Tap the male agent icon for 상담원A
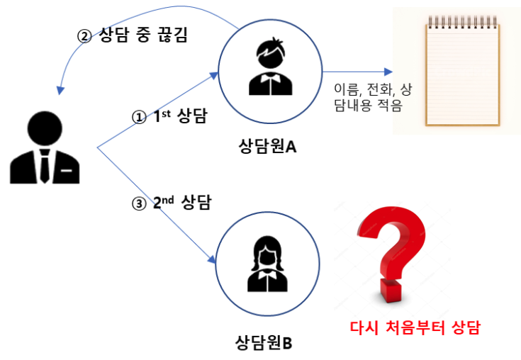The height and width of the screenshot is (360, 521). point(270,67)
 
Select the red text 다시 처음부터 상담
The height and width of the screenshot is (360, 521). point(415,327)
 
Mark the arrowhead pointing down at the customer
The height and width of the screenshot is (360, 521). point(60,91)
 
